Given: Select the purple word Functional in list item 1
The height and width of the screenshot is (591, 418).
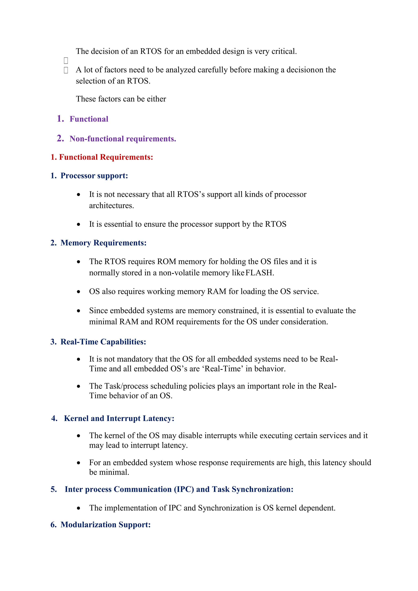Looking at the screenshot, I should coord(89,119).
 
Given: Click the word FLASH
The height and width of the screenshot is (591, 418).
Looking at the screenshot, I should coord(259,273).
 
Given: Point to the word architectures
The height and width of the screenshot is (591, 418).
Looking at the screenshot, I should coord(111,206).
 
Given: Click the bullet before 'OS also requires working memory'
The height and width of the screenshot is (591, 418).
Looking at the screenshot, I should coord(79,292).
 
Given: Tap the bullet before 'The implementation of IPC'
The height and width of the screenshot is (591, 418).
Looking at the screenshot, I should coord(79,508).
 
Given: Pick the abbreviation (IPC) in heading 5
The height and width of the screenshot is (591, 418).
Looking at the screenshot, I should coord(184,489).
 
